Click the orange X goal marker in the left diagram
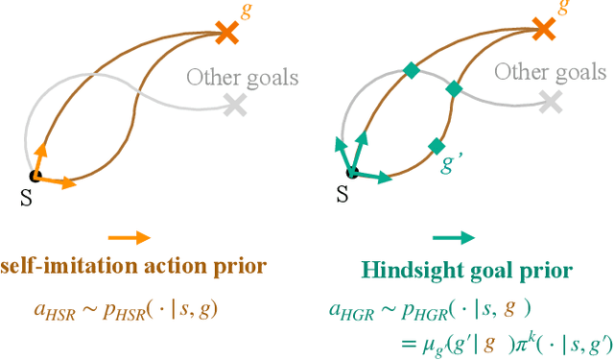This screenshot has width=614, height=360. click(226, 34)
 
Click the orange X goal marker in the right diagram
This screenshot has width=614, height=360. click(543, 31)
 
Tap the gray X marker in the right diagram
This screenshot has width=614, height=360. click(550, 102)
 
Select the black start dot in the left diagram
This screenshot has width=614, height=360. click(35, 175)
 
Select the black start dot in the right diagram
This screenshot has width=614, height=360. click(352, 174)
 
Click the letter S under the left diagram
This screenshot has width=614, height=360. click(26, 196)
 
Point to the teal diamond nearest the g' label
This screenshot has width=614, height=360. click(436, 145)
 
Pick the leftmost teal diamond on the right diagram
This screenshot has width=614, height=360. click(411, 70)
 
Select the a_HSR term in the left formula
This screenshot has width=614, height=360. click(49, 310)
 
